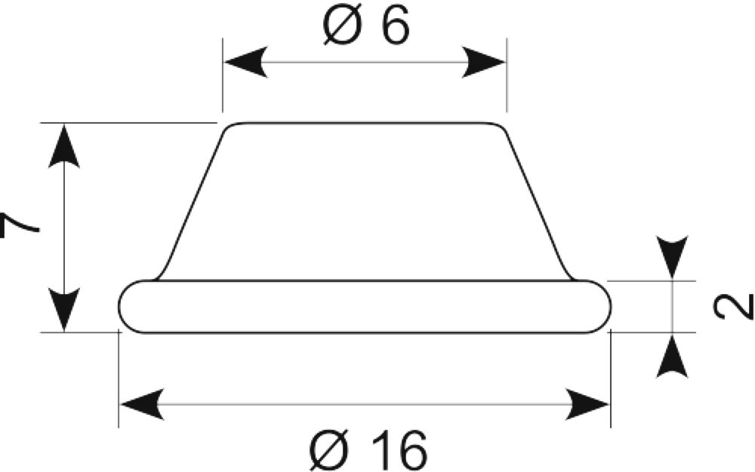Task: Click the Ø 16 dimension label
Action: tap(368, 450)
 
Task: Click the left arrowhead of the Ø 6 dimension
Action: tap(245, 63)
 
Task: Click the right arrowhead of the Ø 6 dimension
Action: tap(483, 63)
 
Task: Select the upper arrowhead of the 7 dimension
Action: tap(63, 146)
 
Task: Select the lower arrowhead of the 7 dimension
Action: tap(63, 310)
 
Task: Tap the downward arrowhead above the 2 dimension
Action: tap(672, 257)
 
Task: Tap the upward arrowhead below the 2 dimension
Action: tap(672, 356)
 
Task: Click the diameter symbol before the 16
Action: tap(330, 450)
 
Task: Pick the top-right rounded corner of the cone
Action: tap(500, 127)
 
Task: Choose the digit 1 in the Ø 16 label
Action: tap(378, 450)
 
